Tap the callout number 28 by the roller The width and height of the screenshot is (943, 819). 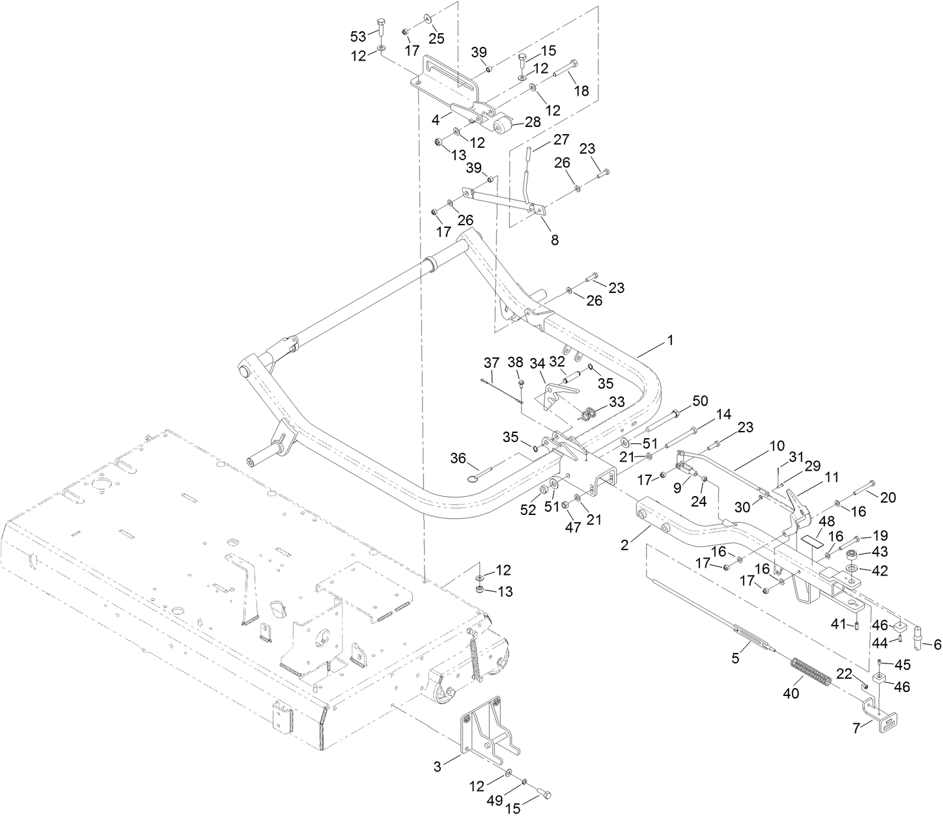point(533,122)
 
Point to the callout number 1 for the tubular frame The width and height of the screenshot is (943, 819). point(670,340)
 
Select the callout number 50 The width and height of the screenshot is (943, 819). point(699,401)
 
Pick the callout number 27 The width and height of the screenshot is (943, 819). point(561,139)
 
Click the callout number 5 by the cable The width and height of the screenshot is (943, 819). point(735,658)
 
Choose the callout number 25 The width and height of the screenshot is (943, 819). point(436,38)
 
